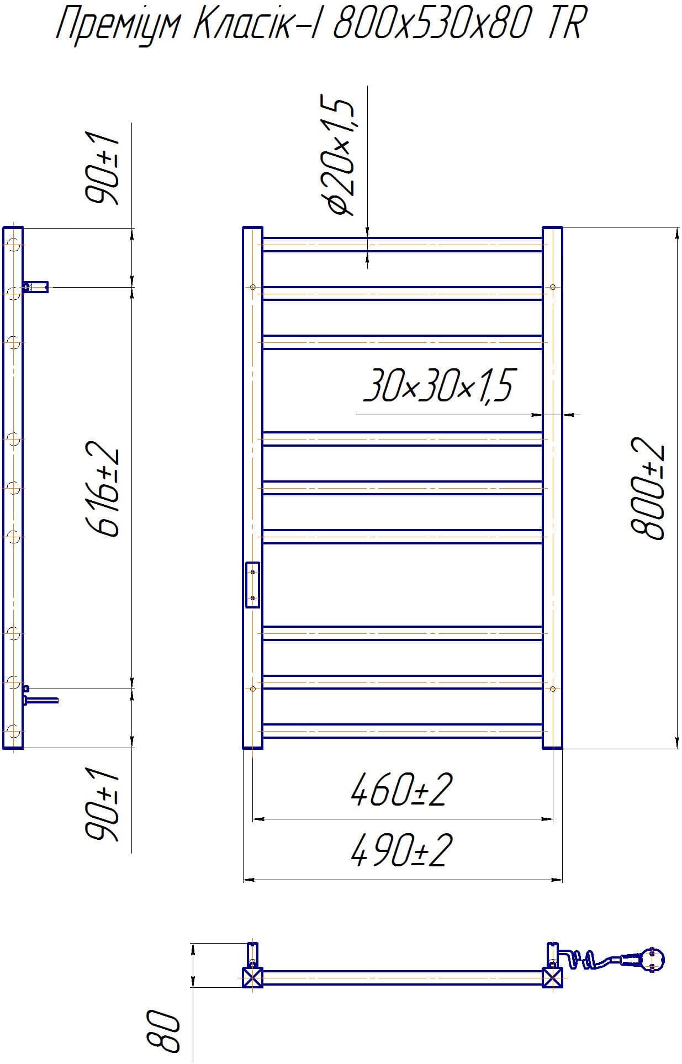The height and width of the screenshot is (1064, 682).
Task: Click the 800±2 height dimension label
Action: tap(647, 488)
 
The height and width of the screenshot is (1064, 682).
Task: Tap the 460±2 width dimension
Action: tap(401, 790)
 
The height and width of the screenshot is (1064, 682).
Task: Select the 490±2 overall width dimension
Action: tap(401, 850)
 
